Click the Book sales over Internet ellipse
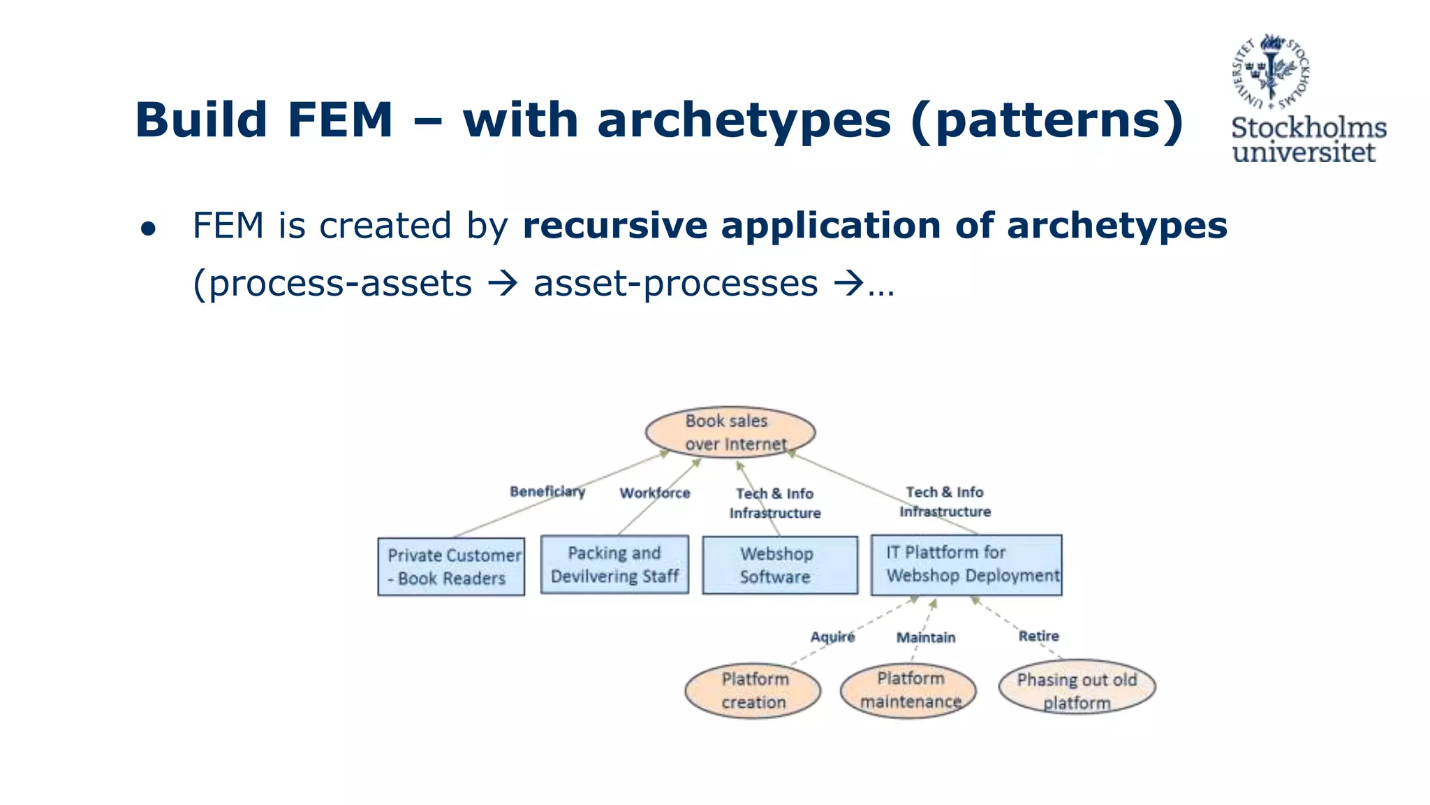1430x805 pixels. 730,433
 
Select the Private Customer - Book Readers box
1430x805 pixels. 451,567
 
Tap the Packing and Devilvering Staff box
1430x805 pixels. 614,565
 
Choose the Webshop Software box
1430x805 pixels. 779,565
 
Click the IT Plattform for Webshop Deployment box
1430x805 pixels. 966,565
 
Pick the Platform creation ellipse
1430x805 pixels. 753,690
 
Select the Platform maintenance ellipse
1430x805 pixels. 908,690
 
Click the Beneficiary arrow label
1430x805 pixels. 547,491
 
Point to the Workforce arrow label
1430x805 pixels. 654,493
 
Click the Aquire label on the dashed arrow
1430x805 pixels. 832,637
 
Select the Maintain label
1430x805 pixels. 925,637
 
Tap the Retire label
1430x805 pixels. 1038,636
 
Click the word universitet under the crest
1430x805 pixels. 1303,152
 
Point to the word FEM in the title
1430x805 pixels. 339,119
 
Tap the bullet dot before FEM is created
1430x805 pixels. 148,229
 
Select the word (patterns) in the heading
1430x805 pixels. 1047,120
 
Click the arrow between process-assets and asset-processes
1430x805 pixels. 503,284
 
